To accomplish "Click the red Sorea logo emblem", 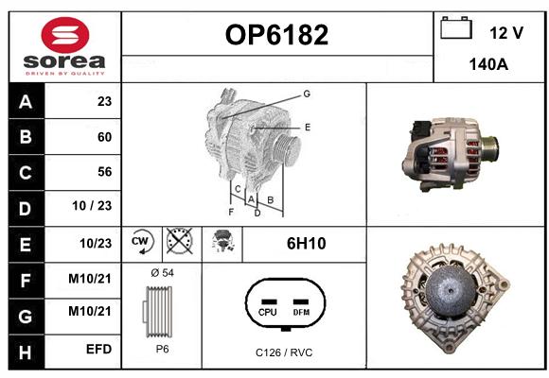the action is point(65,35).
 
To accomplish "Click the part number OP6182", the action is point(276,35).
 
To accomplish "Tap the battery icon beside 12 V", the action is point(456,27).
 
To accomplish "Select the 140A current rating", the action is point(488,64).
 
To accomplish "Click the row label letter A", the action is point(26,102).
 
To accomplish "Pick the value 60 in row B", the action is point(104,137).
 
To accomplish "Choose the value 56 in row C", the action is point(104,172).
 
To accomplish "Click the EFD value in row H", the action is point(98,349).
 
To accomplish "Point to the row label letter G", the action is point(26,317).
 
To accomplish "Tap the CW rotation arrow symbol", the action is point(141,242).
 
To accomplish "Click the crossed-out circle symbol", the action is point(180,241).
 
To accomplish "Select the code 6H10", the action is point(306,244).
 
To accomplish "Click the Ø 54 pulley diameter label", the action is point(162,272).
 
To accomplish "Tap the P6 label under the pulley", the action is point(162,349).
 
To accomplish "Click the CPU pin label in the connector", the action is point(268,312).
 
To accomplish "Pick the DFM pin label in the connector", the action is point(301,312).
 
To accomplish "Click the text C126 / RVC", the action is point(284,352).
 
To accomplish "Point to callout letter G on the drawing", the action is point(307,94).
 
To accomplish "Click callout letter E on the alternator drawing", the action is point(308,128).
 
